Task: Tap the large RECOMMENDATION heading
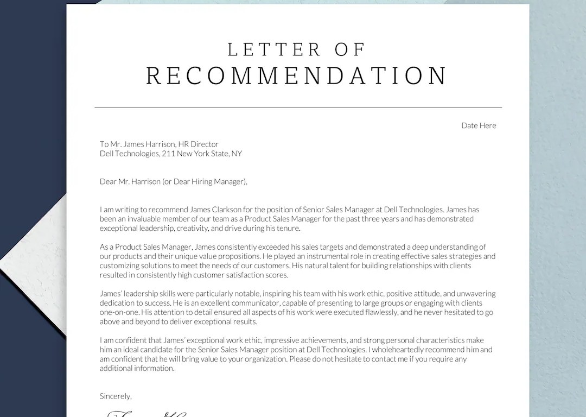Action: [x=297, y=76]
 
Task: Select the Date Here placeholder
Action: [x=479, y=125]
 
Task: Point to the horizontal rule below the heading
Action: [x=298, y=108]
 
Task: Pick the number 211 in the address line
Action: [x=168, y=154]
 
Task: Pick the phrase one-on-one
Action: [x=119, y=312]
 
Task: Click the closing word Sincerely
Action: [x=116, y=396]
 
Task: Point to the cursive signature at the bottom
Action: [x=146, y=414]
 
